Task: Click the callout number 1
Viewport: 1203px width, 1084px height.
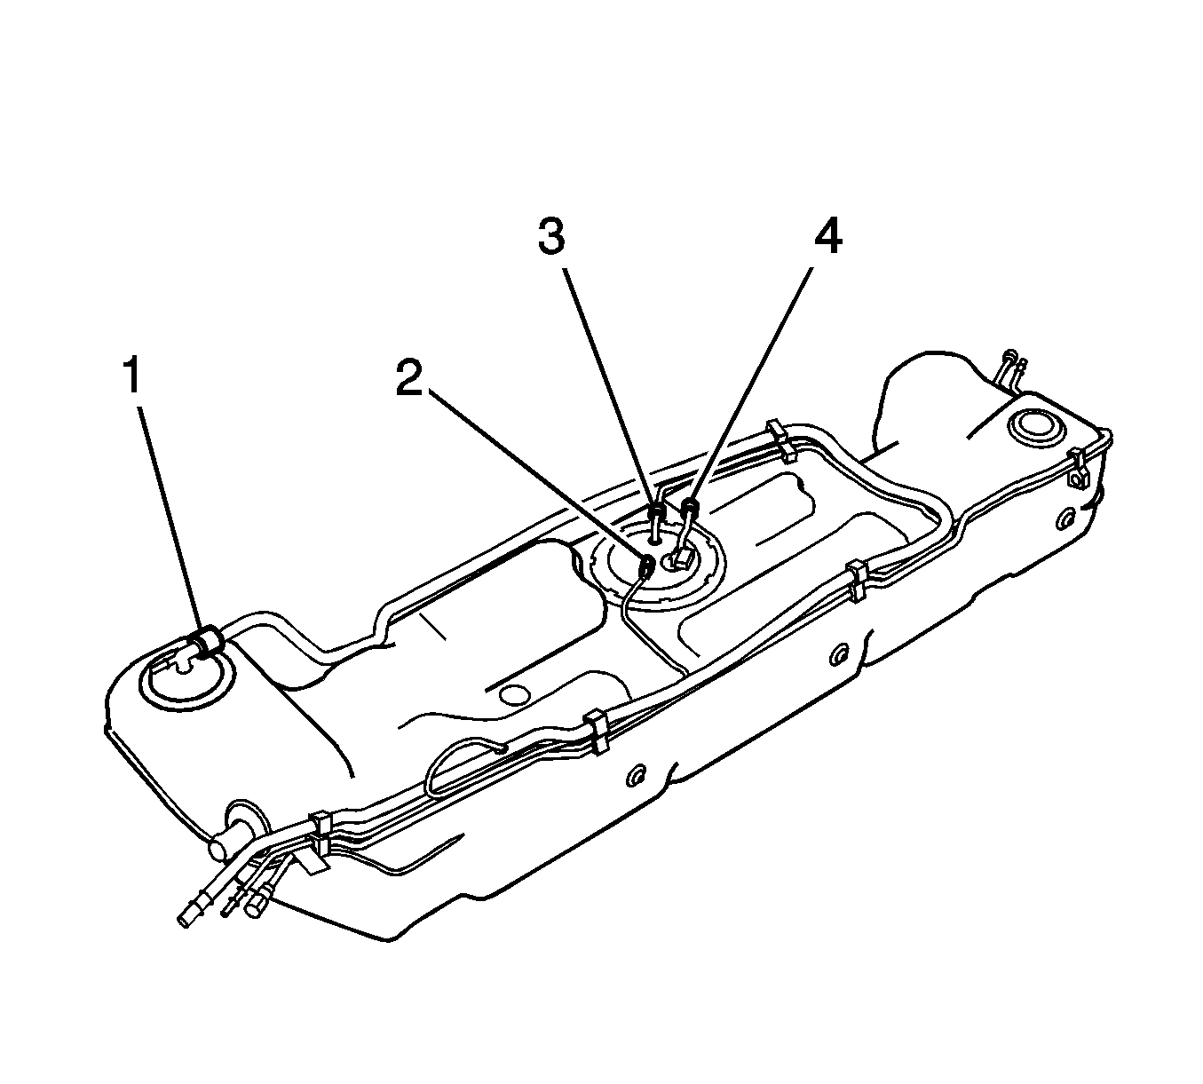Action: pos(132,375)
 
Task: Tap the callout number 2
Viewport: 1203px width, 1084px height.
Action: pos(409,377)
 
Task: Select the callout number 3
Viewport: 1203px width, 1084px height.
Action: pos(551,236)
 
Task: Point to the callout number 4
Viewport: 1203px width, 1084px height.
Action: pos(828,236)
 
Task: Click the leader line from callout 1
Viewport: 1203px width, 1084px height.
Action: pos(171,518)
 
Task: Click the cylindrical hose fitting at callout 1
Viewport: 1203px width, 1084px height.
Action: pos(208,641)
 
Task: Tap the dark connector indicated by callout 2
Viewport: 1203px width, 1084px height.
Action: pos(647,566)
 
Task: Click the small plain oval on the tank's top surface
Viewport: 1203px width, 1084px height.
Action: pos(514,694)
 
